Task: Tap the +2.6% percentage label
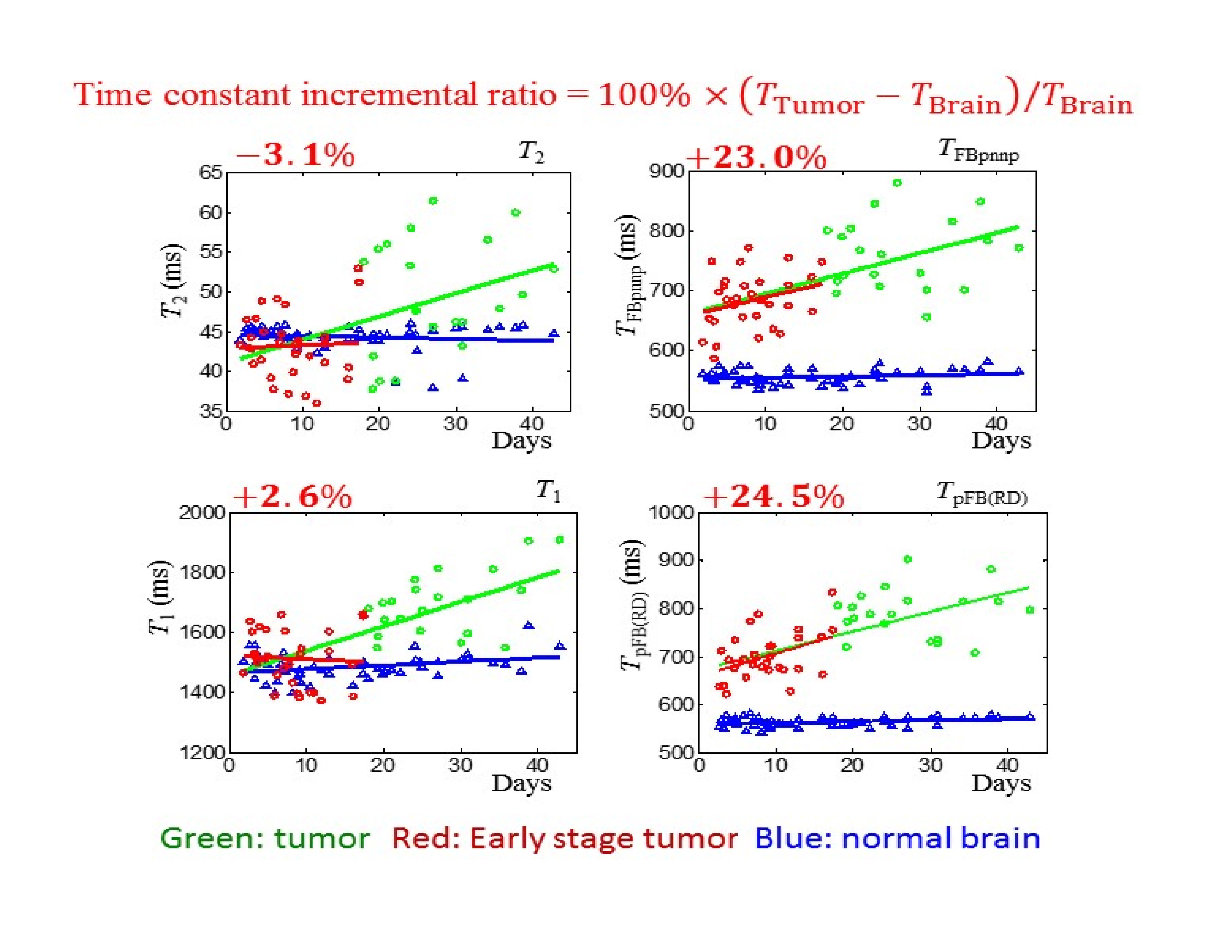pos(292,496)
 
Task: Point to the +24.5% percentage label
pos(774,496)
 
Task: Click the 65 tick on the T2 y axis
pos(211,173)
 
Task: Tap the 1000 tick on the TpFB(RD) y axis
pos(672,512)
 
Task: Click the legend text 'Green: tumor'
pos(265,838)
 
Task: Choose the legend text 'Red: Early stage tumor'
pos(564,838)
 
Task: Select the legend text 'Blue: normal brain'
pos(897,838)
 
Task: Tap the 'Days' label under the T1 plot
pos(521,783)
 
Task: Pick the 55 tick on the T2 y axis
pos(211,252)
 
